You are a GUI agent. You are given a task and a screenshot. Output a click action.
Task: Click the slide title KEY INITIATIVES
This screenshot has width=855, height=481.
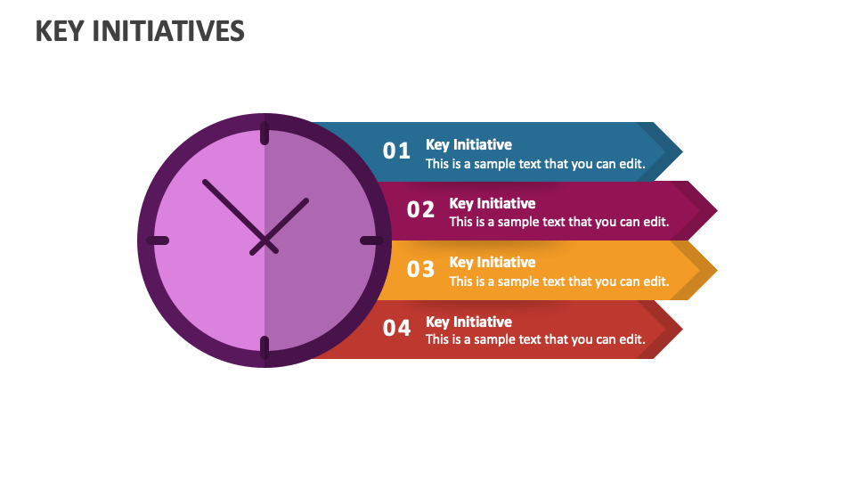pos(140,31)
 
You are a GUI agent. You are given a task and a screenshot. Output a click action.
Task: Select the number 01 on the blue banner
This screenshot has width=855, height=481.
pos(396,151)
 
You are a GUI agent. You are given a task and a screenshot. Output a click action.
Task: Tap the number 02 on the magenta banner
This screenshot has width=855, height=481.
pos(420,209)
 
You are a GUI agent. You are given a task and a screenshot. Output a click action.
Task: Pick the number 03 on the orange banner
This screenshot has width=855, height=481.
pos(420,268)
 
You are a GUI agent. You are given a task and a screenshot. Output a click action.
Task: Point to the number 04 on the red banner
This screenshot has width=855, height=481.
pos(396,328)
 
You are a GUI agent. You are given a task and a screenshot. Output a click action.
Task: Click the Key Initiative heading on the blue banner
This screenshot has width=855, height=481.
pos(468,144)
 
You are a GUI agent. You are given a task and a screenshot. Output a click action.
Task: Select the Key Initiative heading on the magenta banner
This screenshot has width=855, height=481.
pos(492,203)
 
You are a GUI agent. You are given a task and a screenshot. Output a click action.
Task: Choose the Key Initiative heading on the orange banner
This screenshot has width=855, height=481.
pos(492,262)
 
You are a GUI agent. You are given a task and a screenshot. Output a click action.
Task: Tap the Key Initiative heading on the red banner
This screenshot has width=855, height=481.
pos(468,322)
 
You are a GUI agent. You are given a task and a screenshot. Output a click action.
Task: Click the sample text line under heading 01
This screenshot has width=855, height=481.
pos(534,164)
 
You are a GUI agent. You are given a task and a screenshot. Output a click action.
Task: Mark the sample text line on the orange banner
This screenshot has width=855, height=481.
pos(558,281)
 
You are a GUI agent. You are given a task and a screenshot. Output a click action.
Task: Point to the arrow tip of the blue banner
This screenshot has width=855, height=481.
pos(673,151)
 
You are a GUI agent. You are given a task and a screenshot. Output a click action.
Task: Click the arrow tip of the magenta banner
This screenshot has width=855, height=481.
pos(708,211)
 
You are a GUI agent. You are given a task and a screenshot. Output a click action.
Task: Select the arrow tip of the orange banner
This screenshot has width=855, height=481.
pos(708,270)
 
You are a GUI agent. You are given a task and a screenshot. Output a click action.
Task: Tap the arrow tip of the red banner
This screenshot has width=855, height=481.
pos(673,330)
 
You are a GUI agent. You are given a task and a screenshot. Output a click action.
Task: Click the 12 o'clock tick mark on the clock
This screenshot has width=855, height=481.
pos(265,133)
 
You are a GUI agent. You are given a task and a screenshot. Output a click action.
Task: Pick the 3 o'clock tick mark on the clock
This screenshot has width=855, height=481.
pos(371,240)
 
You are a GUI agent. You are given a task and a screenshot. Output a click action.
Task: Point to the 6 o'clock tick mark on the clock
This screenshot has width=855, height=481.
pos(265,347)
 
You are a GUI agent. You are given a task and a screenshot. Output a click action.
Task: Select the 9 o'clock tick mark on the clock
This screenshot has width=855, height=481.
pos(158,240)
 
